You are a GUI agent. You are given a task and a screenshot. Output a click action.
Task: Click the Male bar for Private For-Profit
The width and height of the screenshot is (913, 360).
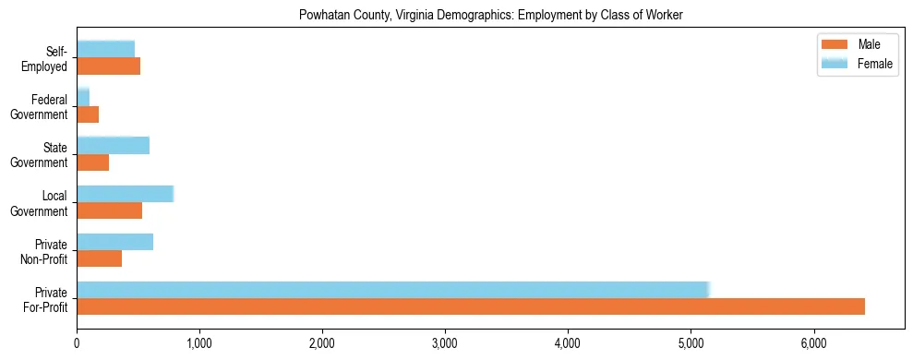[471, 306]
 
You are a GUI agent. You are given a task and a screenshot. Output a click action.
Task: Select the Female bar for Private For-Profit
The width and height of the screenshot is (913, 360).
[392, 290]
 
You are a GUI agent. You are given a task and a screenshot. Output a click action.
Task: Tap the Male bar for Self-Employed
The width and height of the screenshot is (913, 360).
[108, 66]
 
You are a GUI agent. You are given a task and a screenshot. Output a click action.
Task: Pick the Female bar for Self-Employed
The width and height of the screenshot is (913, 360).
[105, 49]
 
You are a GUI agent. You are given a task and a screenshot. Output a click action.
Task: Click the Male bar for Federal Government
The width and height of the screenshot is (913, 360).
[88, 114]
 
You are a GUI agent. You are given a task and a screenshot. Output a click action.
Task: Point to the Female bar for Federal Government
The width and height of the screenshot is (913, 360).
[83, 97]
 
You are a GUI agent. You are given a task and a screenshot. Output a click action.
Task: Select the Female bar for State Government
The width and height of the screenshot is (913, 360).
[113, 146]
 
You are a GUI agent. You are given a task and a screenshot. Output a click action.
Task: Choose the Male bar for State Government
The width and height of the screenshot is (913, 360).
[92, 162]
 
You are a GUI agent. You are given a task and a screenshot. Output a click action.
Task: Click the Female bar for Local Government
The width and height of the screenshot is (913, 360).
[125, 194]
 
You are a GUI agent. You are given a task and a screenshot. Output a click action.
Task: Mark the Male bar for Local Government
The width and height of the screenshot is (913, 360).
[109, 210]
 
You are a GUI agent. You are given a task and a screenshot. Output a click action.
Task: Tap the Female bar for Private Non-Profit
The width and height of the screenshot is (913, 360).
[114, 242]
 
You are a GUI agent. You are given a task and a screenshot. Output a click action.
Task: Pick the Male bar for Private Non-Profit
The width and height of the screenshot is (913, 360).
[99, 258]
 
